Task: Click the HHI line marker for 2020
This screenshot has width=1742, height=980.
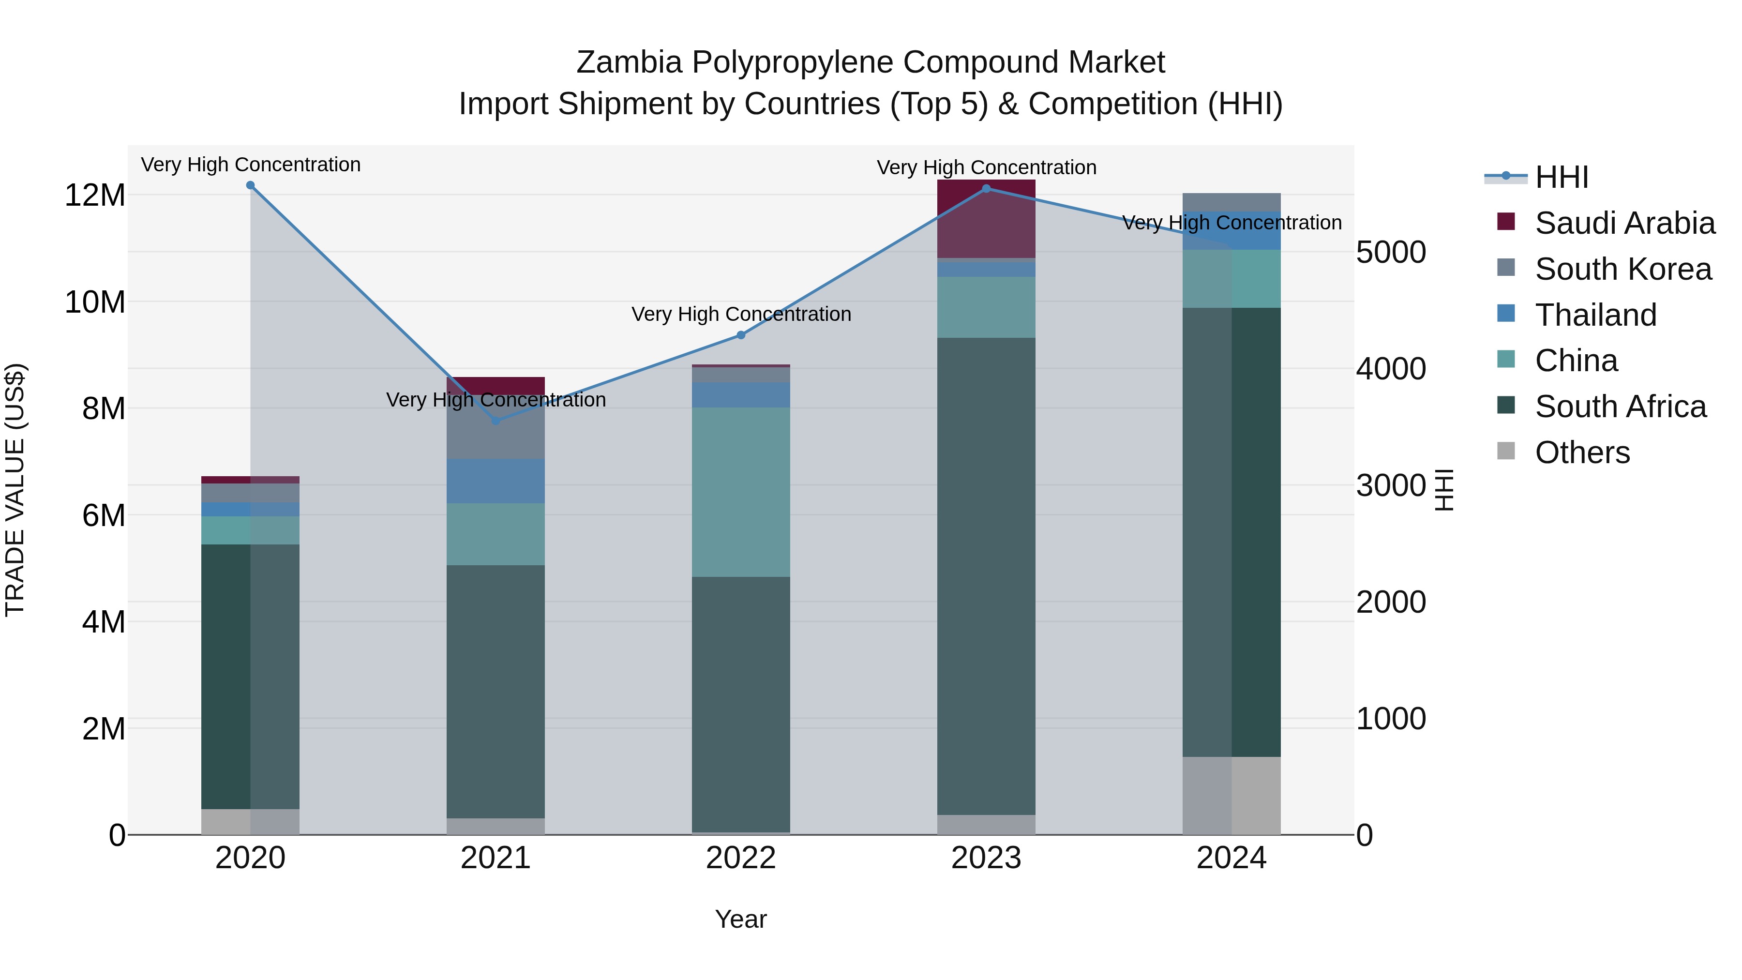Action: [x=250, y=185]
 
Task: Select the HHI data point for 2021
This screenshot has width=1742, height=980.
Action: [x=496, y=421]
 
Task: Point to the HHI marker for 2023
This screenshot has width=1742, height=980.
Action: [x=986, y=189]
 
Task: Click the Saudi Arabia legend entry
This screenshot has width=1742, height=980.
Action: [x=1624, y=223]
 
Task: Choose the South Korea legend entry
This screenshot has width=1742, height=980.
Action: [x=1623, y=269]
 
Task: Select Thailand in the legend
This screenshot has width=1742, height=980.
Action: [x=1595, y=315]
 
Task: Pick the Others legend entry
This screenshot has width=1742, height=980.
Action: [x=1582, y=452]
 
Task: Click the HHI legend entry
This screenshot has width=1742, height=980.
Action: [x=1562, y=177]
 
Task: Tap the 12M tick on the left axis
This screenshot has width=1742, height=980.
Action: [x=95, y=196]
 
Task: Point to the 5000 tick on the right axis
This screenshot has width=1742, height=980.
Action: [x=1391, y=252]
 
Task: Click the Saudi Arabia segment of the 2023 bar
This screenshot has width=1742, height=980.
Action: [x=986, y=218]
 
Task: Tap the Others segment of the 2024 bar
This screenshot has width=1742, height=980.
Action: [x=1231, y=795]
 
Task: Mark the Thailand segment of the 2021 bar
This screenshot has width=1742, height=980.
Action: [x=496, y=481]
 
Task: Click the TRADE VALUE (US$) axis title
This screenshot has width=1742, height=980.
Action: [x=15, y=490]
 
